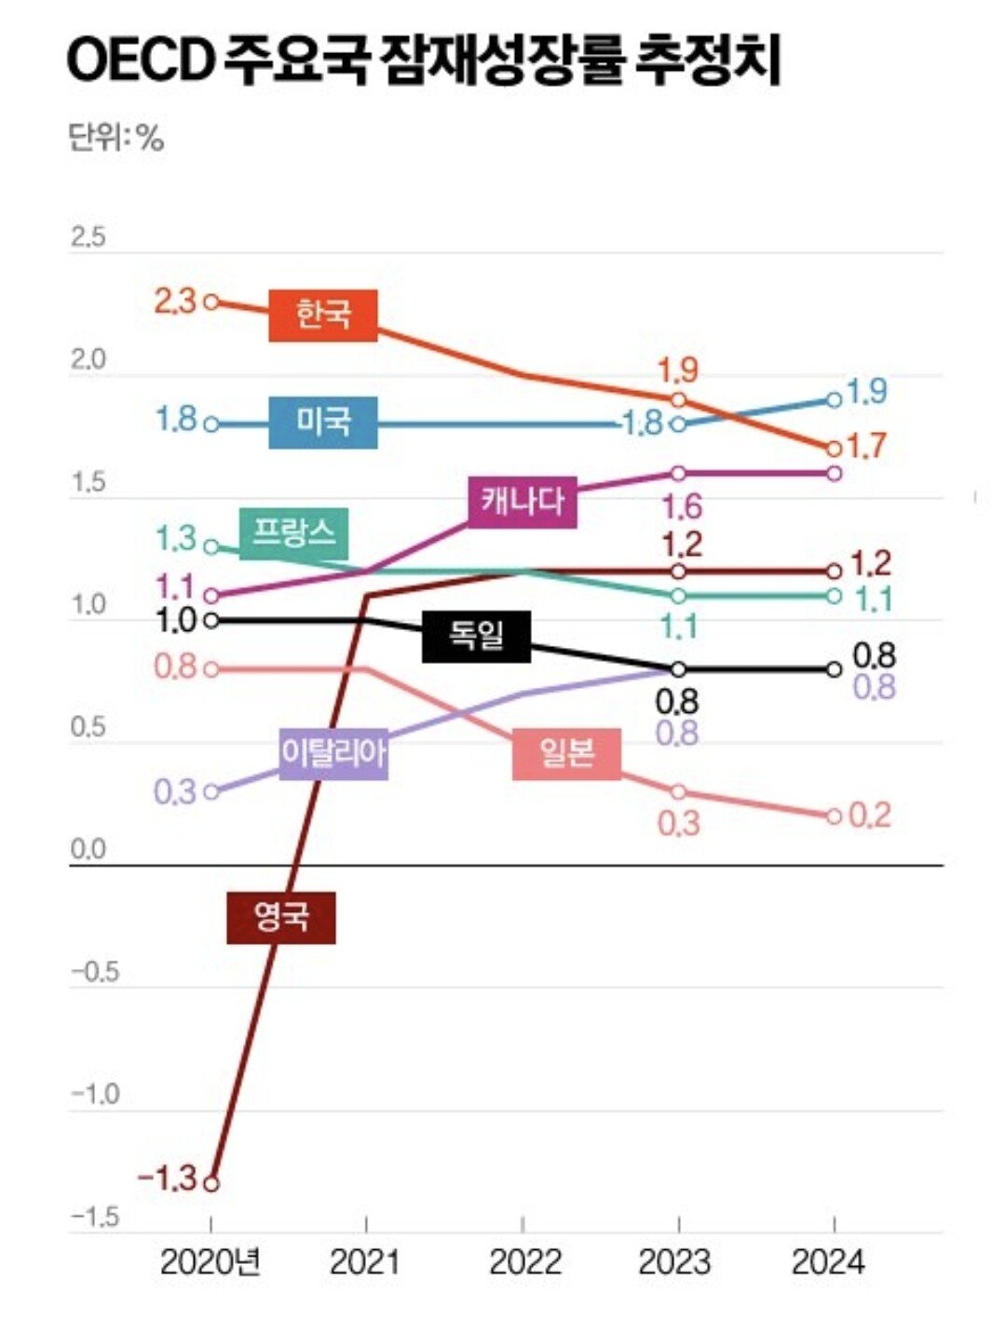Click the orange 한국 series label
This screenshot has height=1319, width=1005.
323,316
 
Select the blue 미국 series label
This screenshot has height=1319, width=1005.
323,423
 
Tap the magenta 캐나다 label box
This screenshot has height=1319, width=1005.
523,503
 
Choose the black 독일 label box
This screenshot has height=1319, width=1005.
476,637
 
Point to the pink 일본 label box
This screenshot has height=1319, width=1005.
566,753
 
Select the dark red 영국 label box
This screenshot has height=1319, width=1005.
281,918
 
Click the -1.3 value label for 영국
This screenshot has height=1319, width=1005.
168,1179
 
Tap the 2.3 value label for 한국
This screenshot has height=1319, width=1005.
174,302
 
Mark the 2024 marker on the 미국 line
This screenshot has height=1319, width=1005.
834,400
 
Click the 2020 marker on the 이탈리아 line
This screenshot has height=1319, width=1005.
211,792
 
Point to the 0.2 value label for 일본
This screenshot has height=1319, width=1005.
870,815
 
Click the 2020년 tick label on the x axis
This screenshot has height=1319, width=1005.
211,1263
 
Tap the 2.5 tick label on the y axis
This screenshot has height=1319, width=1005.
88,238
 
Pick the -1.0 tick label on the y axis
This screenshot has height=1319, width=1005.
96,1095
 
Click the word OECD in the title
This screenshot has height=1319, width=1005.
140,61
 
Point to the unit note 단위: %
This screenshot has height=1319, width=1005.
115,139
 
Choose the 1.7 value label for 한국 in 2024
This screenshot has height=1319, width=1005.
867,447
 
